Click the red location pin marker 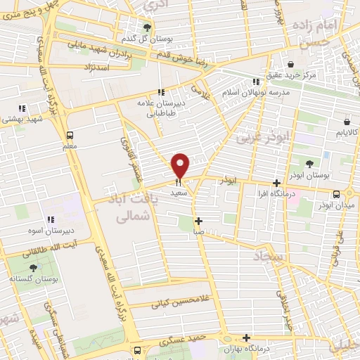pyautogui.click(x=181, y=166)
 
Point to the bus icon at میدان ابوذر pyautogui.click(x=336, y=193)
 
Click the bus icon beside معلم pyautogui.click(x=70, y=136)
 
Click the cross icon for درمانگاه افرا pyautogui.click(x=276, y=183)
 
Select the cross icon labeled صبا pyautogui.click(x=199, y=220)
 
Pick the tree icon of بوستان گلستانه pyautogui.click(x=33, y=268)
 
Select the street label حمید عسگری pyautogui.click(x=181, y=340)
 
